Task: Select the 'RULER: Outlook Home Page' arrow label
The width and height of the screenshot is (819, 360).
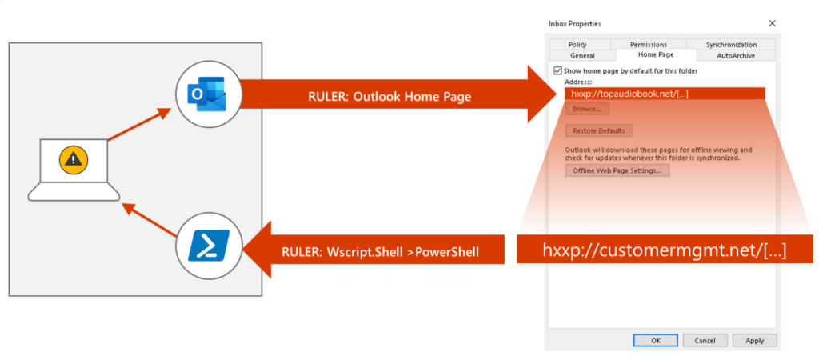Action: coord(390,97)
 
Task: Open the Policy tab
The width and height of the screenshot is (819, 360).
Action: coord(578,45)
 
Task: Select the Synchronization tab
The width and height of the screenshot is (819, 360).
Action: coord(730,45)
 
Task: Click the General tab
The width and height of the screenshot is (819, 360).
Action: coord(582,55)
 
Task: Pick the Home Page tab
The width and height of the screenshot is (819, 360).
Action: coord(656,55)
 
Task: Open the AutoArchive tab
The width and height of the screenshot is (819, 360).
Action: coord(735,55)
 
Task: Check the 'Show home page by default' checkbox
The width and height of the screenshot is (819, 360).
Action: coord(557,71)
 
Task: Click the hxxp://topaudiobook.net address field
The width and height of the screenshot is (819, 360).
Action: coord(665,94)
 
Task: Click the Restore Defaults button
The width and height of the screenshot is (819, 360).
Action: coord(599,130)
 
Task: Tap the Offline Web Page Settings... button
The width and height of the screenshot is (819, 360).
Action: coord(617,170)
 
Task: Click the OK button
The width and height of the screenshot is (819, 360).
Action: coord(655,340)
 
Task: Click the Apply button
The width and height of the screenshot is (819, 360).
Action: coord(754,340)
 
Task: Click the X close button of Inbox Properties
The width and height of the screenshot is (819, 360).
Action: coord(771,24)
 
